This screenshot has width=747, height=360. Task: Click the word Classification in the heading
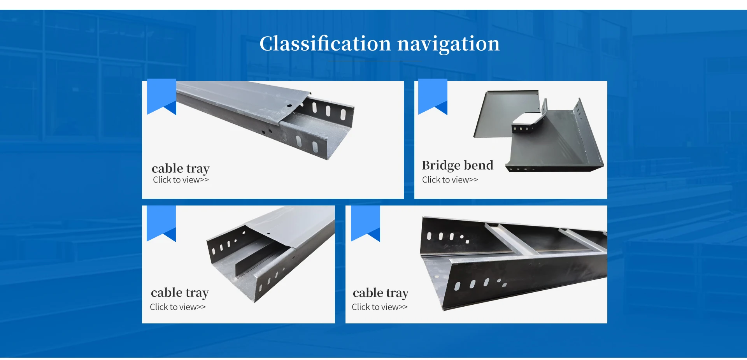[325, 44]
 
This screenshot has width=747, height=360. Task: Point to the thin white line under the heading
[374, 61]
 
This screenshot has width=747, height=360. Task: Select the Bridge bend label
[457, 165]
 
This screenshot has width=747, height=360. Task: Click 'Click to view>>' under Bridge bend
[450, 180]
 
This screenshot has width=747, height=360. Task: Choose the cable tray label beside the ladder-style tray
[381, 293]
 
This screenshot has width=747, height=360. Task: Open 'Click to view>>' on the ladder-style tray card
[379, 307]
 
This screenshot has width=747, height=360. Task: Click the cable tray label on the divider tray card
[180, 293]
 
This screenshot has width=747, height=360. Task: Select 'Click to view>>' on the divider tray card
[177, 307]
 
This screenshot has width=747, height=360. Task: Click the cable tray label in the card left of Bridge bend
[181, 169]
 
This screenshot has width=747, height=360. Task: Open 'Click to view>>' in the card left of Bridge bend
[181, 180]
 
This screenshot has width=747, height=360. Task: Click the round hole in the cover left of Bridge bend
[289, 105]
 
